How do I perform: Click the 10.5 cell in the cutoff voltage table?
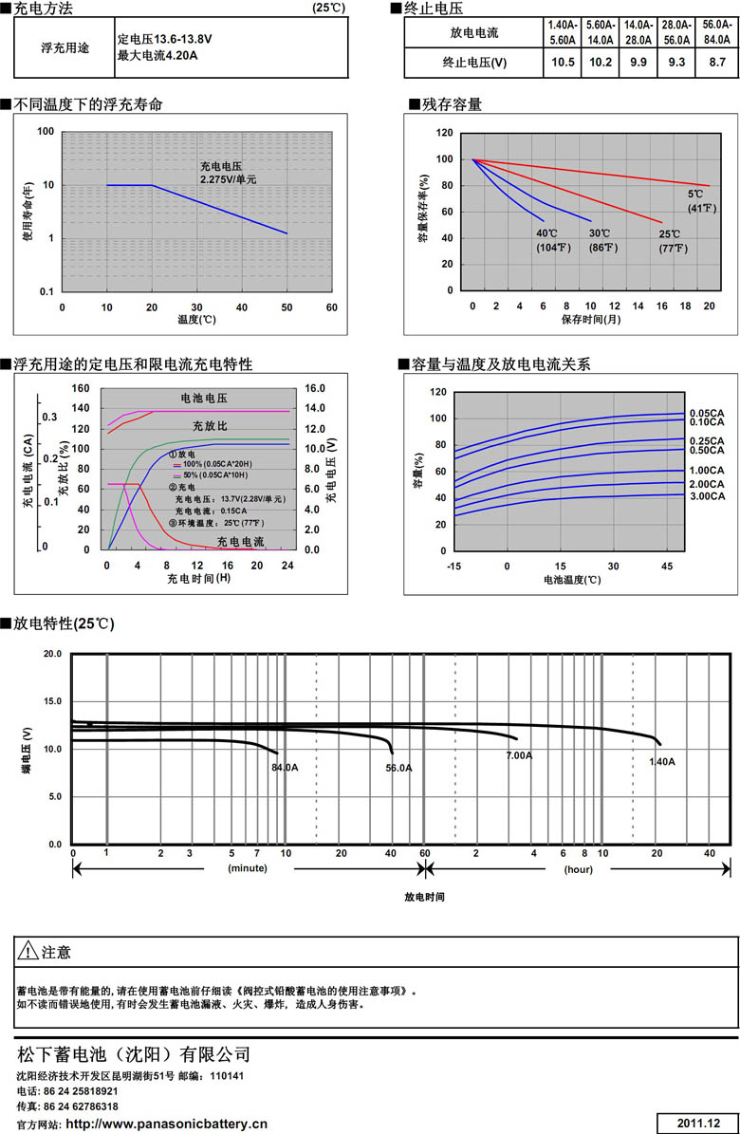tap(564, 63)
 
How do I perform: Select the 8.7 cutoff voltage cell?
tap(717, 63)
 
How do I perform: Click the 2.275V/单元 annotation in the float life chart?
tap(229, 178)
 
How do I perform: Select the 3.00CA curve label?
tap(707, 496)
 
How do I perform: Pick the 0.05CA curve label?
tap(707, 412)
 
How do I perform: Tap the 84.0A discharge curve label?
tap(285, 768)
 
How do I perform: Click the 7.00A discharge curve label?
tap(519, 755)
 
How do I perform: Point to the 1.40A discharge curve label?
tap(661, 762)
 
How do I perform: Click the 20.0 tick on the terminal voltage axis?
tap(53, 655)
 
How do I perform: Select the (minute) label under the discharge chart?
tap(247, 868)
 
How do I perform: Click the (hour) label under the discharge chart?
tap(578, 868)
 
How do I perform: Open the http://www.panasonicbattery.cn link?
tap(166, 1124)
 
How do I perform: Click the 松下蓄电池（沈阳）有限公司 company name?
tap(134, 1054)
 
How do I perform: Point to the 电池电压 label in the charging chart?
tap(204, 399)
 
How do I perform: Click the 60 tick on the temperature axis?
tap(331, 307)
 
